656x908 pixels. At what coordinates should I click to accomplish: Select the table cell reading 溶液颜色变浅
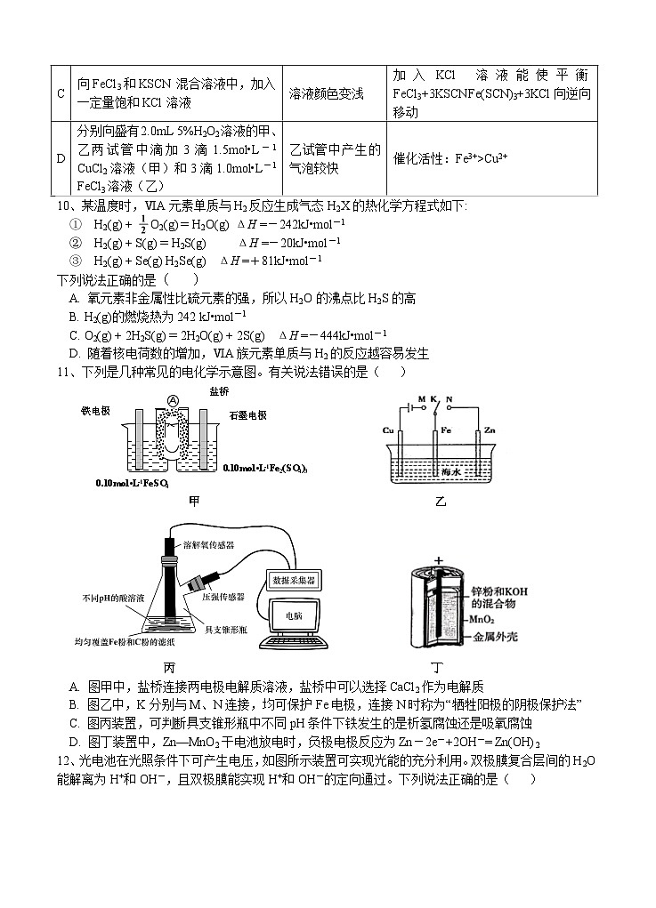[x=326, y=93]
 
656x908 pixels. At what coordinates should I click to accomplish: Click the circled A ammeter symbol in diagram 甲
[x=172, y=400]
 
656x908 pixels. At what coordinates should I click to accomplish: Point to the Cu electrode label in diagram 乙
[x=388, y=430]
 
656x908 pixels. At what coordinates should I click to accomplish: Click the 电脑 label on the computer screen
[x=293, y=615]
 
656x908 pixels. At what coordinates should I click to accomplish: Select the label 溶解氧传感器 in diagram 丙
[x=212, y=543]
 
